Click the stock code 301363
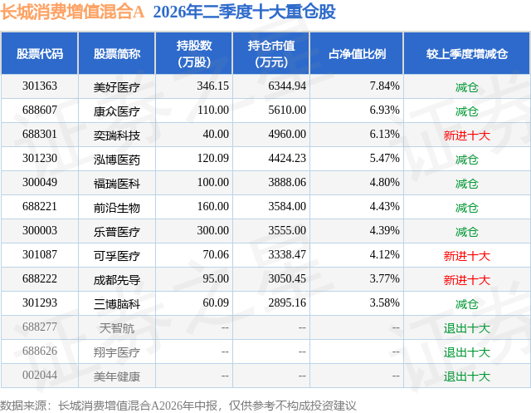tap(40, 86)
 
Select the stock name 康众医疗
tap(116, 111)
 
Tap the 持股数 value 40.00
tap(216, 134)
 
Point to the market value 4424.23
tap(287, 158)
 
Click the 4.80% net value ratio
tap(385, 182)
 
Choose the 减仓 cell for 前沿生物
tap(466, 208)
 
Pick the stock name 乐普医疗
tap(116, 232)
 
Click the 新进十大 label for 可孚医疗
tap(466, 256)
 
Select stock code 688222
tap(40, 278)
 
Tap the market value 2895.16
tap(287, 302)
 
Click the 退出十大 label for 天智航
tap(466, 328)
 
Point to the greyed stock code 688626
tap(40, 351)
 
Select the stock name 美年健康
tap(116, 376)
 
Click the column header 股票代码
tap(40, 53)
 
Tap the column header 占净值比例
tap(357, 53)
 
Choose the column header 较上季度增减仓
tap(466, 53)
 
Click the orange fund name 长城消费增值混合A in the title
tap(72, 12)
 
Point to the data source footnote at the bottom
tap(178, 406)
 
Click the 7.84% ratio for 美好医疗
tap(385, 86)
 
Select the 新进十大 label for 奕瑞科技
tap(466, 135)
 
